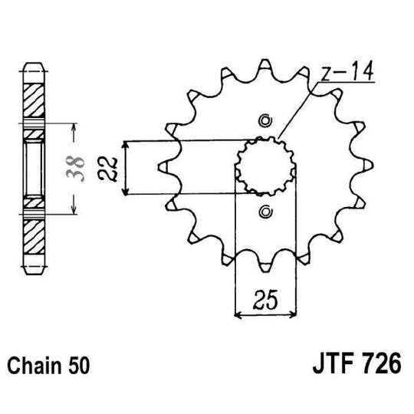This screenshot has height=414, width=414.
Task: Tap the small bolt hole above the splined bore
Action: tap(265, 120)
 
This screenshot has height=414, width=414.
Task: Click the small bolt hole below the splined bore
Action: tap(265, 211)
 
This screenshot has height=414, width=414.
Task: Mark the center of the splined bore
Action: tap(265, 166)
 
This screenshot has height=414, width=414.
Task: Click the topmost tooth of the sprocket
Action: tap(265, 63)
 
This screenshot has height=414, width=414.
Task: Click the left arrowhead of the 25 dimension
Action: tap(238, 313)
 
